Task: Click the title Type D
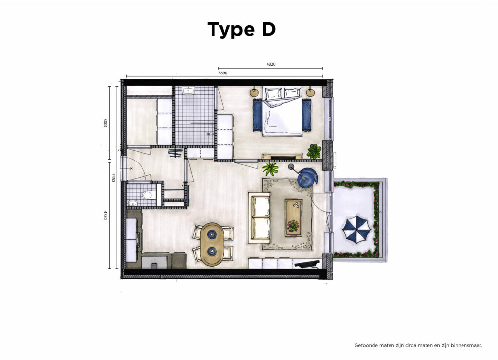click(x=241, y=30)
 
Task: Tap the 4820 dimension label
click(x=271, y=64)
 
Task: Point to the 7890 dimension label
click(x=223, y=73)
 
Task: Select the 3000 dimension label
click(x=105, y=123)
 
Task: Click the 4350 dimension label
click(x=105, y=215)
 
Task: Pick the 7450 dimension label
click(x=113, y=178)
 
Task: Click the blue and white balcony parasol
click(x=356, y=229)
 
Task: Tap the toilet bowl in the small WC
click(x=147, y=195)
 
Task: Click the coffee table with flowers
click(x=294, y=217)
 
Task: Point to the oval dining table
click(x=212, y=244)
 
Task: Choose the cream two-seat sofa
click(x=259, y=217)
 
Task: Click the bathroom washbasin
click(x=189, y=91)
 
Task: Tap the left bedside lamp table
click(x=254, y=92)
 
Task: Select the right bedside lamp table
click(x=310, y=92)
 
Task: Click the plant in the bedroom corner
click(x=314, y=151)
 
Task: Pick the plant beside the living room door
click(x=270, y=169)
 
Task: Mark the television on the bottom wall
click(x=307, y=263)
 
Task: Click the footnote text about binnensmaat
click(x=418, y=345)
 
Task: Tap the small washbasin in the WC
click(x=133, y=203)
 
